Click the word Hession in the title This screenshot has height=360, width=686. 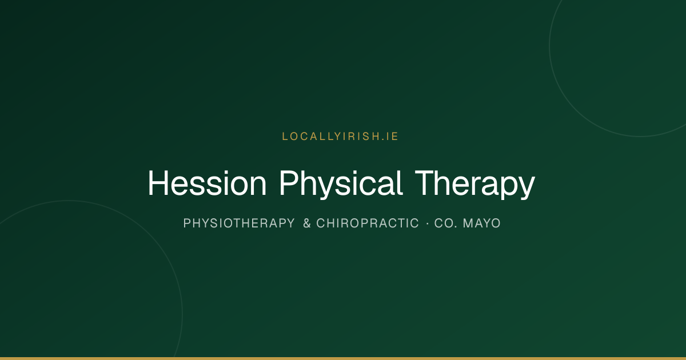tap(208, 183)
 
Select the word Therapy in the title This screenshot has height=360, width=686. tap(475, 184)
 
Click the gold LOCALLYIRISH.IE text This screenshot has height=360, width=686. tap(340, 137)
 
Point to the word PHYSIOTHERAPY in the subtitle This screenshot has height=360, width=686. tap(239, 223)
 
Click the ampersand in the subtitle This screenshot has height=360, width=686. tap(307, 223)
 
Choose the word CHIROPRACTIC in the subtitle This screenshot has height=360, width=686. tap(368, 223)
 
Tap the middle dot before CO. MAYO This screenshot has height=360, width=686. tap(428, 224)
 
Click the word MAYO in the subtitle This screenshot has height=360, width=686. tap(482, 223)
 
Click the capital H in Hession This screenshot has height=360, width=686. tap(158, 183)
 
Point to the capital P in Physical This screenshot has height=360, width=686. tap(289, 183)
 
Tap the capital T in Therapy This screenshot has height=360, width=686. tap(425, 183)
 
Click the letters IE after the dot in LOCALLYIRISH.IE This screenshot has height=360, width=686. tap(392, 137)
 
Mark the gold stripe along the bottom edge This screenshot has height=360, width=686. tap(343, 358)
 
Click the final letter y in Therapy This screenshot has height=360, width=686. tap(527, 188)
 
